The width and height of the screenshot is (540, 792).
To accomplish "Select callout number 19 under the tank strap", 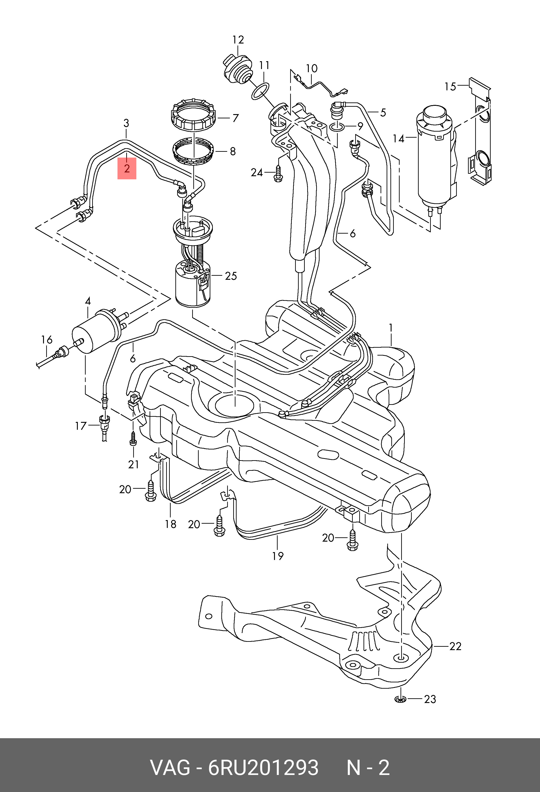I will point(278,556).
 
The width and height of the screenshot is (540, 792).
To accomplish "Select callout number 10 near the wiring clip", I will point(311,69).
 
